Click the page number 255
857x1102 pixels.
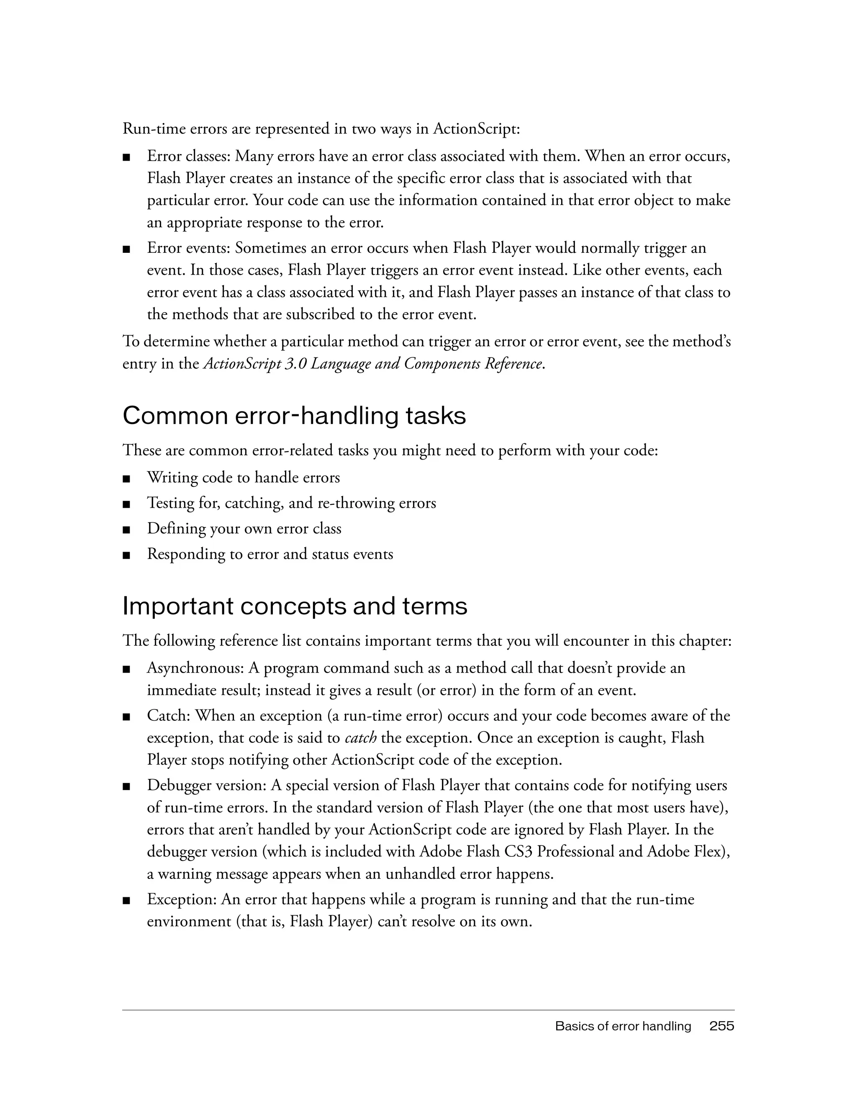coord(721,1026)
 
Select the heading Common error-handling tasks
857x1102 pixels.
coord(294,416)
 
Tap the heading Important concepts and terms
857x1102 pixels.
coord(295,606)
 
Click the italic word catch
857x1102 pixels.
coord(361,738)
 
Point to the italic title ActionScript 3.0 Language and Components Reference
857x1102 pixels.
coord(373,364)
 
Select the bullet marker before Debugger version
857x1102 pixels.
coord(127,786)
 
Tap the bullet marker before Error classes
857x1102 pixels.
coord(127,157)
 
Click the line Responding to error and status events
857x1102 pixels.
coord(270,554)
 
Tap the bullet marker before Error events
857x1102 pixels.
coord(127,249)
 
